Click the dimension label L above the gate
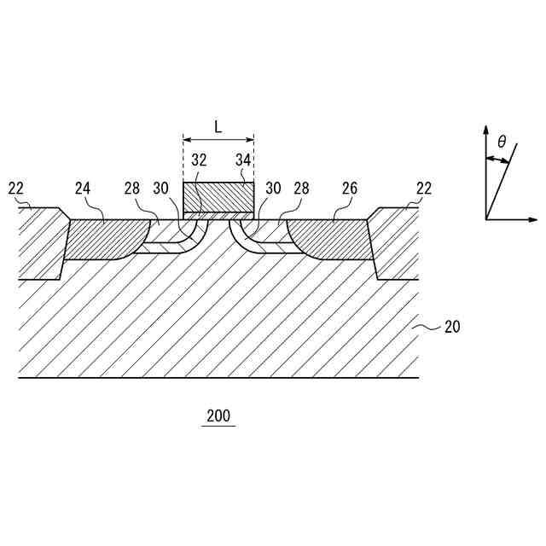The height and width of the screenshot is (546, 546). [218, 127]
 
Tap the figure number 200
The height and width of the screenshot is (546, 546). [218, 417]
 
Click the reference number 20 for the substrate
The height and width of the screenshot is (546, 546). [451, 326]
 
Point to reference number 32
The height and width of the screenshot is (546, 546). [199, 160]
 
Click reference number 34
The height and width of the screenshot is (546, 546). [243, 160]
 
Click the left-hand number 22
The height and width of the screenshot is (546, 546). [16, 188]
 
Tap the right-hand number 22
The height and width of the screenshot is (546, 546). [424, 188]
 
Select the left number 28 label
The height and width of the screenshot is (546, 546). [131, 188]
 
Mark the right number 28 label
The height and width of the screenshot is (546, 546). [301, 188]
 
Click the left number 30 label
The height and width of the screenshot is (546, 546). [161, 188]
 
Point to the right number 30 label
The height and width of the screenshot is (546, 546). [273, 188]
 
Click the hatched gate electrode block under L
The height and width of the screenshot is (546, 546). [218, 197]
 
